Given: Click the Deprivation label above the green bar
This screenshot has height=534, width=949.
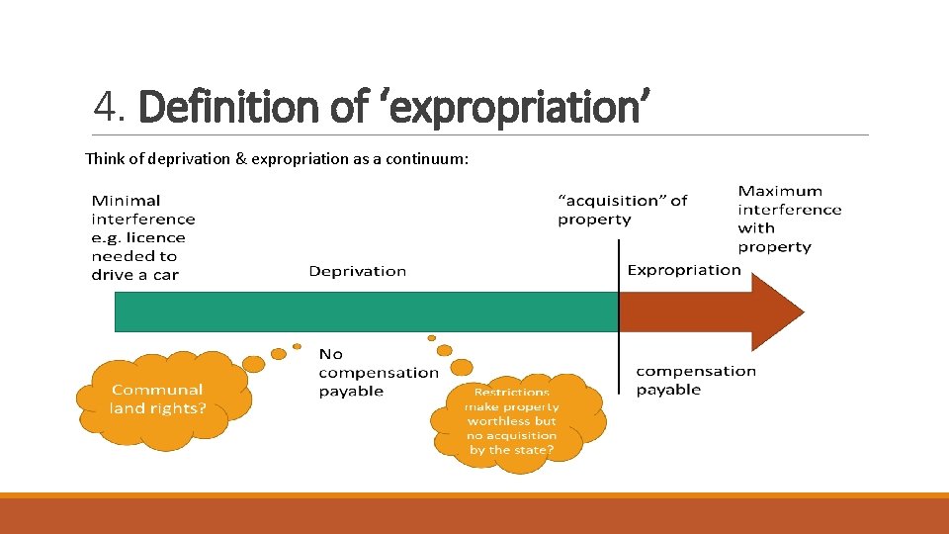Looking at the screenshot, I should click(357, 271).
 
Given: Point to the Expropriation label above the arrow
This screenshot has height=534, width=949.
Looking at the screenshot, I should click(684, 270).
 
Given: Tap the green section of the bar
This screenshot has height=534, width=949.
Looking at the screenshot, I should click(366, 311).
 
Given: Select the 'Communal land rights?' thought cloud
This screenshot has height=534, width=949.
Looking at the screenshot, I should click(158, 400).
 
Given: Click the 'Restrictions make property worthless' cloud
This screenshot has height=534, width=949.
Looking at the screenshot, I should click(512, 421).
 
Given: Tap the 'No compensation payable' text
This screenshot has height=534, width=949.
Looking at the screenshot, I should click(378, 372).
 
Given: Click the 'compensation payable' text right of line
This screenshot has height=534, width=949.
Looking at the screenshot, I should click(696, 380).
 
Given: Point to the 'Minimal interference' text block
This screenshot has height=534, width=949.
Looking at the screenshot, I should click(143, 210).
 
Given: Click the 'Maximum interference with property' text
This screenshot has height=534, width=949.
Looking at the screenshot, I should click(789, 219).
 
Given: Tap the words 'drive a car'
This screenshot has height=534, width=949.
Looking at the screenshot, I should click(134, 275).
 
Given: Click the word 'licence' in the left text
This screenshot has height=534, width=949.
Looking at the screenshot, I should click(156, 237).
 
